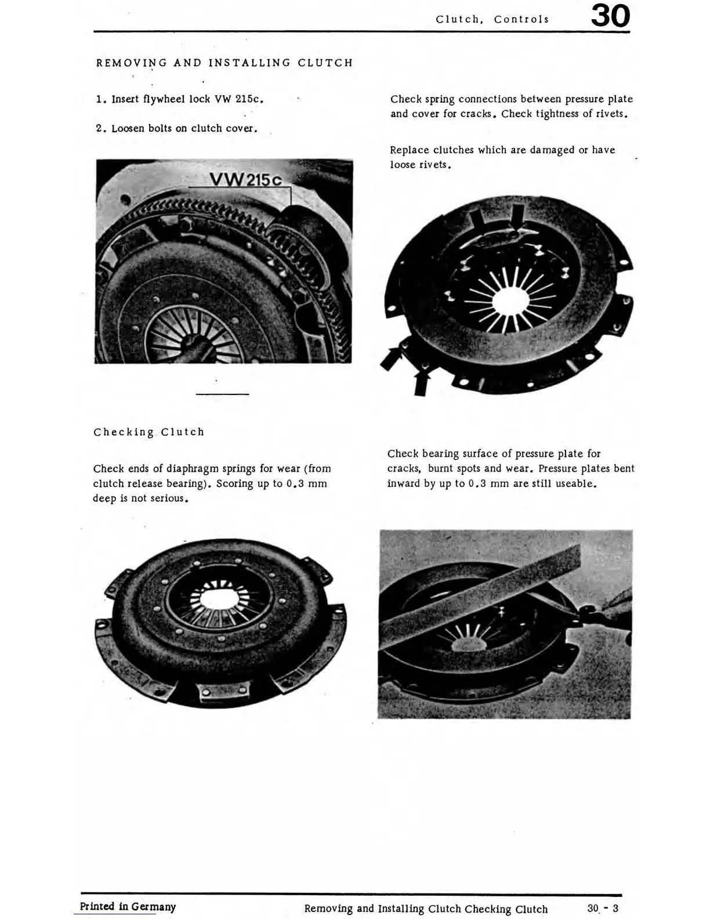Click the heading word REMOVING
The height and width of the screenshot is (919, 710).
coord(131,63)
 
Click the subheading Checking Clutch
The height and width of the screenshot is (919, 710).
coord(149,432)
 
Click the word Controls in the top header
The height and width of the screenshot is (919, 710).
coord(521,19)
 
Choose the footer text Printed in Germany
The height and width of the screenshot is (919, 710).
coord(128,906)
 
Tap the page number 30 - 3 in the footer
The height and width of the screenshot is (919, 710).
coord(603,908)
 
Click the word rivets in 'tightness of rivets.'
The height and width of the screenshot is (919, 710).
coord(613,114)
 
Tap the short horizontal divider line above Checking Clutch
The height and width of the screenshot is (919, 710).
coord(222,395)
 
